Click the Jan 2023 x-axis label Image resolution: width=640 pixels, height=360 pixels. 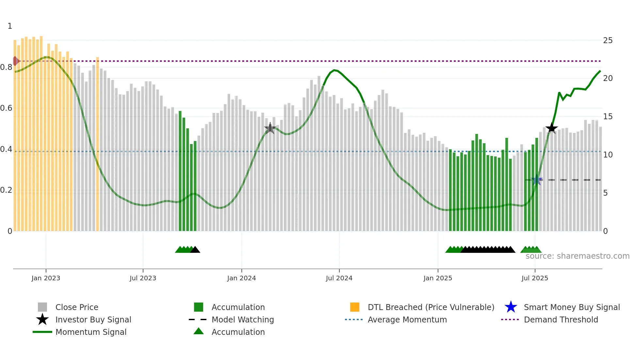[x=46, y=278]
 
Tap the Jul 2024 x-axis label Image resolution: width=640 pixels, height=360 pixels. [x=339, y=278]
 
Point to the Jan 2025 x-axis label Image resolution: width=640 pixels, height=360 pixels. [x=438, y=278]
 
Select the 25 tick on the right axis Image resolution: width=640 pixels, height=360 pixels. [x=608, y=41]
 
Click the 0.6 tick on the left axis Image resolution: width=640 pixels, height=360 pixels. [x=7, y=108]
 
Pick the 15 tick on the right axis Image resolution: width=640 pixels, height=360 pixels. [x=608, y=117]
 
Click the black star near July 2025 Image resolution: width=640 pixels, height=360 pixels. [x=552, y=128]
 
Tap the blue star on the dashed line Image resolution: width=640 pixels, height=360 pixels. [x=536, y=180]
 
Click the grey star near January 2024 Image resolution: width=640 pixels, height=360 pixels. [x=270, y=128]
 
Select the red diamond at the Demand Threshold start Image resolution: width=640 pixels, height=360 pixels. [x=15, y=61]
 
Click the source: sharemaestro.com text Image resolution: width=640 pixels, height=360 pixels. [x=577, y=256]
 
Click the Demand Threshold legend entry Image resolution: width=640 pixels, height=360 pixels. [x=561, y=320]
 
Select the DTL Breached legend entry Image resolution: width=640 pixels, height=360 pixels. [x=431, y=307]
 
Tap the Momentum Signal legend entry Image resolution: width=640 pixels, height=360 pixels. [x=91, y=332]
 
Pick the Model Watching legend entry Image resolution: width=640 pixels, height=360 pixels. [x=243, y=320]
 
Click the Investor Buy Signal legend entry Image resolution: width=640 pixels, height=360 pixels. [x=93, y=320]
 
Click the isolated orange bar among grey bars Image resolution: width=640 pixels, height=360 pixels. [x=97, y=144]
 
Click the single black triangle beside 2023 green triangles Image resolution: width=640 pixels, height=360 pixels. [x=195, y=250]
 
